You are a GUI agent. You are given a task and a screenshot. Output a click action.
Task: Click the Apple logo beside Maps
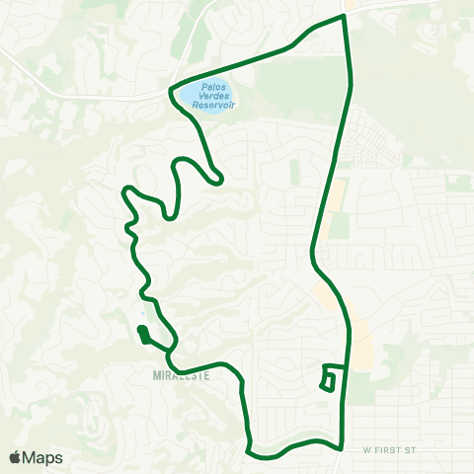(x=16, y=457)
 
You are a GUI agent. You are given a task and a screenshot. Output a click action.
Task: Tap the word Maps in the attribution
(x=42, y=457)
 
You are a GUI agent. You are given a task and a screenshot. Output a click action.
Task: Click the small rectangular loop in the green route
(x=330, y=379)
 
